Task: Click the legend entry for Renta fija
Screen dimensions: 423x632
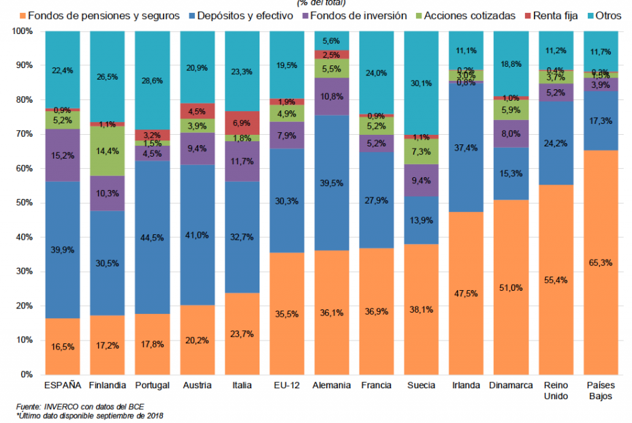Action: point(555,16)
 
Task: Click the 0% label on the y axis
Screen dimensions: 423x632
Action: point(27,375)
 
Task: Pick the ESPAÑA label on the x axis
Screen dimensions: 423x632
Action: point(63,386)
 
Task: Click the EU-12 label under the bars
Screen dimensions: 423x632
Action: point(287,386)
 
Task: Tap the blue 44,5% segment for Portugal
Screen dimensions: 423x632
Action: point(153,237)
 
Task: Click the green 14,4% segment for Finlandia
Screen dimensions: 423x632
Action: point(108,151)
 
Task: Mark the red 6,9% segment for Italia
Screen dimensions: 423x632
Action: point(242,123)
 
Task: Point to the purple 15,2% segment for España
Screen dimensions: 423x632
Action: point(63,155)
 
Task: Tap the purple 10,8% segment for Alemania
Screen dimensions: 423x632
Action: point(332,97)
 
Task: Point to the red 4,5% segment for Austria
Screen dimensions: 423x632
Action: point(197,111)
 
